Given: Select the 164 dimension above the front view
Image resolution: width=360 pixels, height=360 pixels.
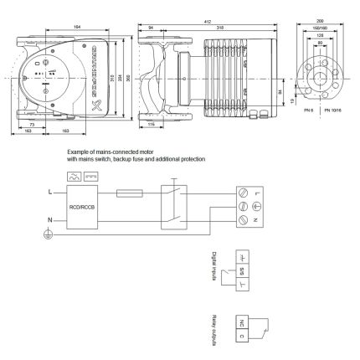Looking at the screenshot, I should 77,27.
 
